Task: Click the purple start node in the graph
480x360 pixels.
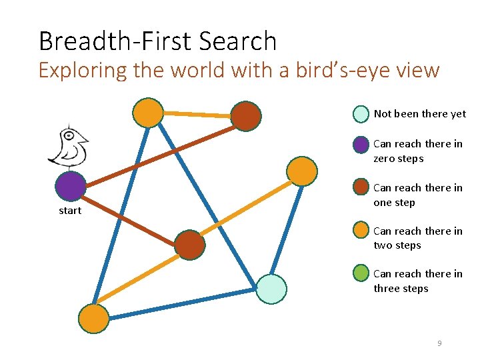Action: pyautogui.click(x=71, y=187)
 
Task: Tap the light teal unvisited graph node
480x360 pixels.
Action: pyautogui.click(x=271, y=289)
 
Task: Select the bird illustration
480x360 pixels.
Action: pyautogui.click(x=68, y=145)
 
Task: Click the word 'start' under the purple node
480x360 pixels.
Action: pyautogui.click(x=69, y=211)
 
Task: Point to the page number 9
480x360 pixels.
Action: pyautogui.click(x=439, y=343)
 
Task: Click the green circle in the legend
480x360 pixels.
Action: pyautogui.click(x=361, y=274)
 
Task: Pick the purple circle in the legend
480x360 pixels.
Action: pyautogui.click(x=361, y=144)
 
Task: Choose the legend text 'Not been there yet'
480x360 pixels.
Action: pyautogui.click(x=419, y=114)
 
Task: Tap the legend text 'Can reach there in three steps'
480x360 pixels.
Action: pyautogui.click(x=417, y=281)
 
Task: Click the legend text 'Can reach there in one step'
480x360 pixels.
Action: pyautogui.click(x=417, y=195)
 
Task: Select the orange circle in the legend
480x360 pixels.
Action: pyautogui.click(x=361, y=231)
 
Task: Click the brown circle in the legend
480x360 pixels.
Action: pyautogui.click(x=361, y=187)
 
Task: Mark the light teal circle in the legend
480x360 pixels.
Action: pyautogui.click(x=361, y=114)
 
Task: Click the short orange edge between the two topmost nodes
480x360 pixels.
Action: pyautogui.click(x=198, y=115)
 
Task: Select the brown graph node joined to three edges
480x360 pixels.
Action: pyautogui.click(x=189, y=245)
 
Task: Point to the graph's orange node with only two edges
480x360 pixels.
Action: pyautogui.click(x=302, y=171)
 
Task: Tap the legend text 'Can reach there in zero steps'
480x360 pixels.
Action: pyautogui.click(x=417, y=151)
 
